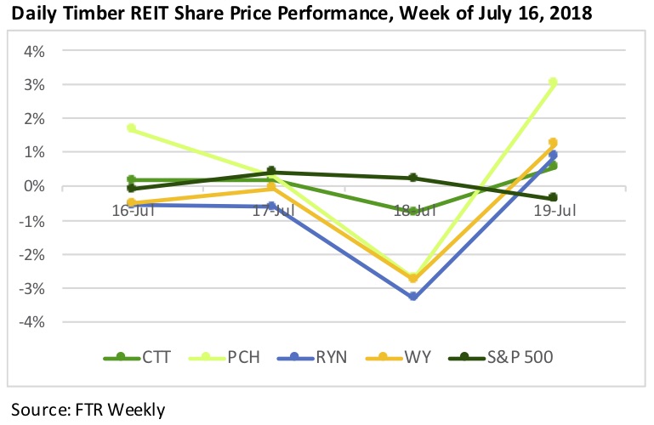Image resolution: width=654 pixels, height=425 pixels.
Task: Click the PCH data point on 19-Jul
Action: pyautogui.click(x=552, y=82)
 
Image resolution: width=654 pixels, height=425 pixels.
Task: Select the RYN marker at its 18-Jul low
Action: pyautogui.click(x=413, y=297)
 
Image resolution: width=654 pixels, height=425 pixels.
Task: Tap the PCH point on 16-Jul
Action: pyautogui.click(x=131, y=128)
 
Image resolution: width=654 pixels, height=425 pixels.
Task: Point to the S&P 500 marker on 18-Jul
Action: pyautogui.click(x=413, y=178)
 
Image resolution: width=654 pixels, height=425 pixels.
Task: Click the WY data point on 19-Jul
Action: pyautogui.click(x=552, y=143)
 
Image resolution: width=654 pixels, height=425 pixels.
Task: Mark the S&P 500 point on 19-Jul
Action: pyautogui.click(x=552, y=197)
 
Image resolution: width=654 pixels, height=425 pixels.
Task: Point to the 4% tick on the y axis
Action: pyautogui.click(x=34, y=51)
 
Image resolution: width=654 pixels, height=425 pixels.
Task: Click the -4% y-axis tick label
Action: pyautogui.click(x=31, y=322)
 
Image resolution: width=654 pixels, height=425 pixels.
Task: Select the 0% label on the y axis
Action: pyautogui.click(x=34, y=186)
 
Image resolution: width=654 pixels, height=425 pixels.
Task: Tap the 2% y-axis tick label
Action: pyautogui.click(x=34, y=119)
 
